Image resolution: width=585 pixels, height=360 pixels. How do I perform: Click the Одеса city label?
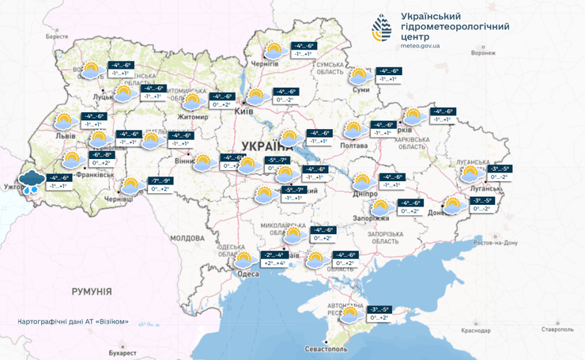point(247,273)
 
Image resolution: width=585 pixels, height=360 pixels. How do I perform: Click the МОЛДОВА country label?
point(187,237)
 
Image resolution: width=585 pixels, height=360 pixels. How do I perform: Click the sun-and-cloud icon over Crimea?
point(349,314)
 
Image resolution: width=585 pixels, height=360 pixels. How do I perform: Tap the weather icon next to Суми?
point(358,76)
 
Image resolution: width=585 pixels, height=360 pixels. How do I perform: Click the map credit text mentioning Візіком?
point(73,322)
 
